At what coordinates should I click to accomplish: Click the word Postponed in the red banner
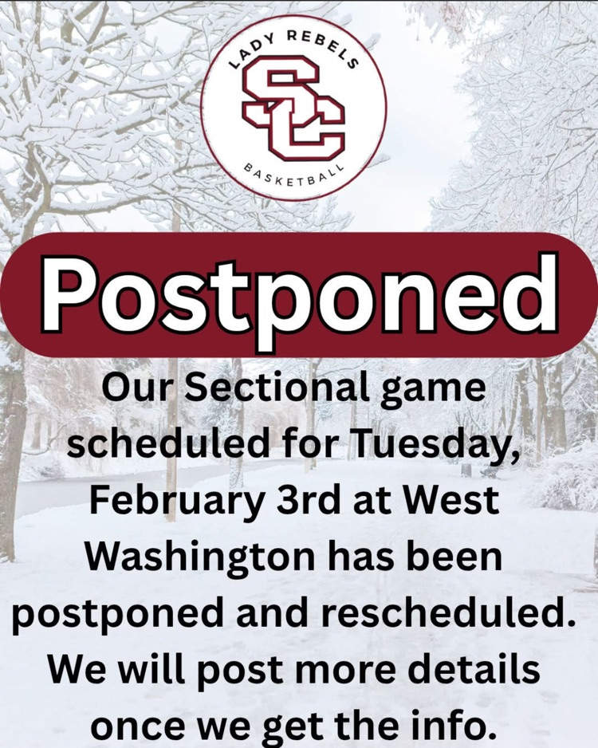click(299, 293)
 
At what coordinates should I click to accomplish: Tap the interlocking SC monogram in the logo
click(293, 108)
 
